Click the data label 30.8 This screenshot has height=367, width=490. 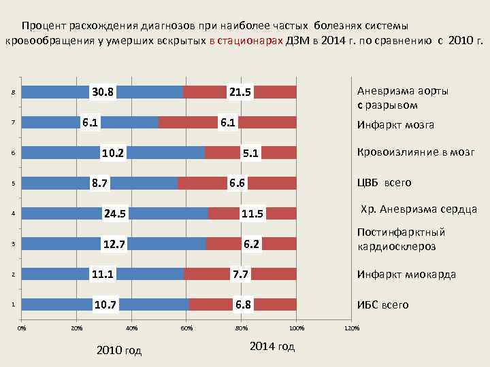coord(103,92)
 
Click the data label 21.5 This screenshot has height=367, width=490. coord(240,92)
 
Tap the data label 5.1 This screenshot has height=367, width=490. coord(250,154)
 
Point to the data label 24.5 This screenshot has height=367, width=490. coord(115,214)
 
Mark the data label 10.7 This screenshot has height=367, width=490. coord(106,304)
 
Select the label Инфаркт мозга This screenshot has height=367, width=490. coord(395,125)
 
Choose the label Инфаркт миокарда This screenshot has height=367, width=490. coord(406,275)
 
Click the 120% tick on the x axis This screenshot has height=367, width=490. coord(351,329)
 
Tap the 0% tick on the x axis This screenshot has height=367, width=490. coord(22,329)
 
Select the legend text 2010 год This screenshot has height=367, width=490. coord(119,351)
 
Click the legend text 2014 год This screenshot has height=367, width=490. coord(272,347)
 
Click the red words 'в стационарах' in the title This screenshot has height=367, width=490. coord(247,40)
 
